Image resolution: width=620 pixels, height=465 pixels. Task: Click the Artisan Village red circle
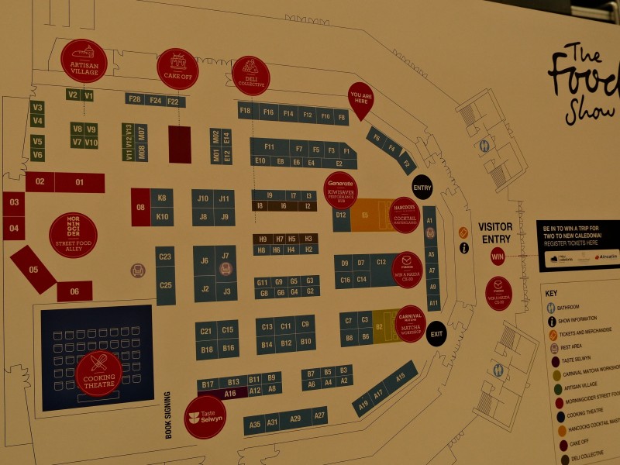(84, 60)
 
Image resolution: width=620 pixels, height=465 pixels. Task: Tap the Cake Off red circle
(177, 68)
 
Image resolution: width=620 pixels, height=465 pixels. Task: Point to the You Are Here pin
(360, 99)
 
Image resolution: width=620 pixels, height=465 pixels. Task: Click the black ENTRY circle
(422, 188)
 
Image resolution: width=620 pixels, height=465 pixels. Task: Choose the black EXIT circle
(436, 333)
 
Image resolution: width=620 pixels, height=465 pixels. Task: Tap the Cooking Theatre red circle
(99, 374)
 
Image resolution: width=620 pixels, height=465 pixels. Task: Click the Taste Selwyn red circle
(205, 417)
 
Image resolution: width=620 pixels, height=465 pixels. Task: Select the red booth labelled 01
(79, 183)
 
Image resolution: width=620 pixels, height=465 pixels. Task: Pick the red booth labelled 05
(33, 270)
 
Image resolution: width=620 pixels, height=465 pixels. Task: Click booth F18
(246, 111)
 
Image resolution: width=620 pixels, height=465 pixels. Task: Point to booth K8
(162, 198)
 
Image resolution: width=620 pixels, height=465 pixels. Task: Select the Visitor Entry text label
(496, 232)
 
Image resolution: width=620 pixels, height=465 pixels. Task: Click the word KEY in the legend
(551, 294)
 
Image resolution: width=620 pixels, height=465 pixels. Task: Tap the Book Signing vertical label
(168, 415)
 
